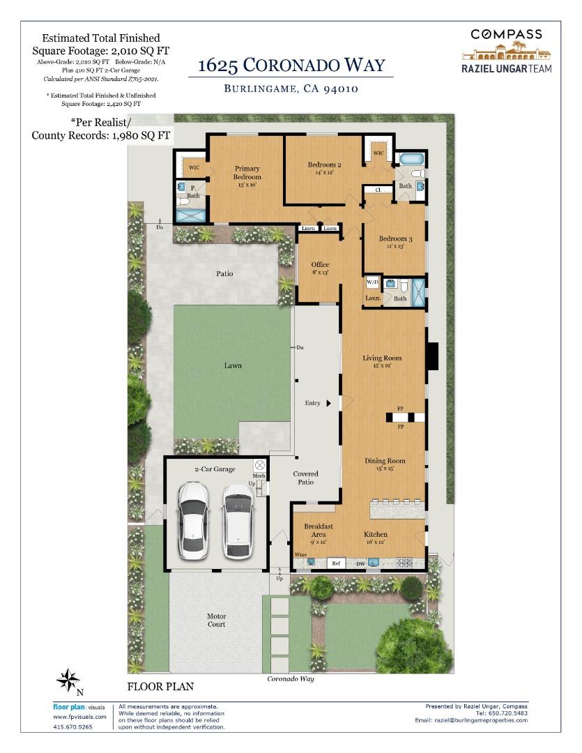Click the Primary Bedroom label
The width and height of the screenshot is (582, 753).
click(x=247, y=172)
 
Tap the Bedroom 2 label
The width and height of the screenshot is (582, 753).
click(x=325, y=165)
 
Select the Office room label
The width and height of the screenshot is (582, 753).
click(x=321, y=265)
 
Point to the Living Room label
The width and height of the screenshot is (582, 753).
click(x=382, y=358)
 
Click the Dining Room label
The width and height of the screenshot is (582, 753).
click(x=385, y=461)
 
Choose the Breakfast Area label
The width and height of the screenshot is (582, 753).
click(x=319, y=530)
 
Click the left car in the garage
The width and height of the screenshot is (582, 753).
click(x=194, y=521)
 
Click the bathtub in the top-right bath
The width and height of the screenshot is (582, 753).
click(x=412, y=159)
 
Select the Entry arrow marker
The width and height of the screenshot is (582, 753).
click(x=329, y=404)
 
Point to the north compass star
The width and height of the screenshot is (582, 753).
click(x=68, y=680)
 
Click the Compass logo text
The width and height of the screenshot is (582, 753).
click(x=506, y=34)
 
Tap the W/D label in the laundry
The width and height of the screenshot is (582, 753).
click(x=373, y=282)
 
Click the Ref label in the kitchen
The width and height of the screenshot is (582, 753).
click(x=336, y=563)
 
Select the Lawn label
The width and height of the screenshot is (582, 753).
click(x=233, y=365)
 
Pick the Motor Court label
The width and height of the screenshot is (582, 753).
click(x=217, y=620)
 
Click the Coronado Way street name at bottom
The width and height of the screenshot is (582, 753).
click(x=291, y=678)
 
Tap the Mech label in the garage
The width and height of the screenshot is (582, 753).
click(x=259, y=476)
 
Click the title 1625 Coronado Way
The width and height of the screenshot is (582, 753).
click(x=291, y=66)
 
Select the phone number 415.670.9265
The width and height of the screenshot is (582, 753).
click(x=72, y=727)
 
